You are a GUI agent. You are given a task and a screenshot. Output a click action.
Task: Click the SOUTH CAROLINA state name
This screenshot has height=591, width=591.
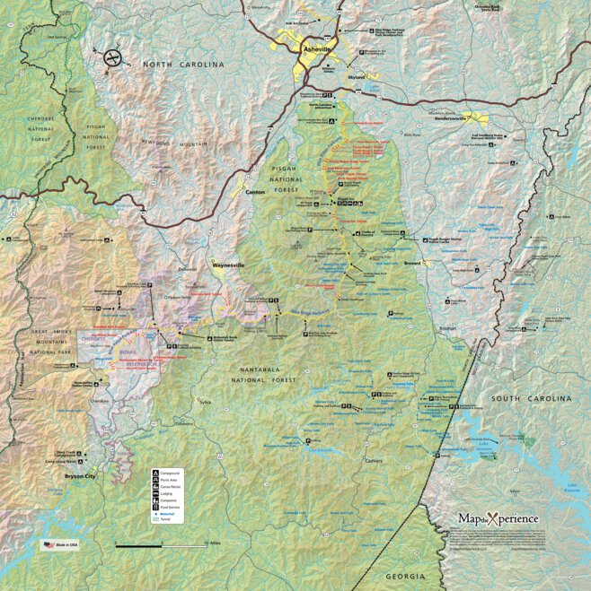(x=530, y=397)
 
